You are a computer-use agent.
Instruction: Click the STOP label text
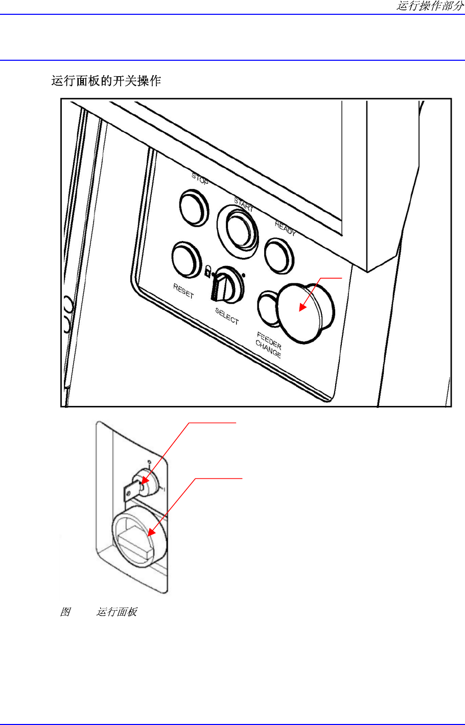(200, 179)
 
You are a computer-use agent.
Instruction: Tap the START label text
(243, 205)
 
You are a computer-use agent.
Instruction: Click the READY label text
(285, 228)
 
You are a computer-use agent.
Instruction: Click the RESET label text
(183, 291)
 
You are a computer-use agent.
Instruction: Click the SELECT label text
(227, 316)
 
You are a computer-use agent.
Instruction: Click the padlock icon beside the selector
(208, 271)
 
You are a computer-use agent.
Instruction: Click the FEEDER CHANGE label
(268, 345)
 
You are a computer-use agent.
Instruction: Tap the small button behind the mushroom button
(267, 307)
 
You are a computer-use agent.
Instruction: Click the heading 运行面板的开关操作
(106, 81)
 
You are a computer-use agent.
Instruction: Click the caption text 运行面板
(117, 612)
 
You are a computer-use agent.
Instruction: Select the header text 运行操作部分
(430, 6)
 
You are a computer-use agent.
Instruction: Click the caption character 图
(65, 612)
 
